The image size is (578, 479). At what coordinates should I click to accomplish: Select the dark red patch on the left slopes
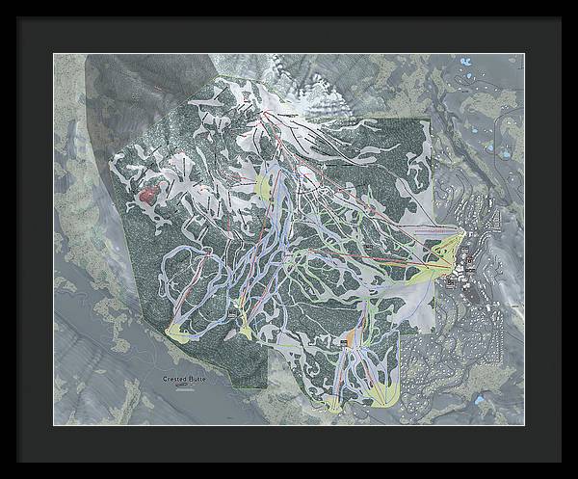pos(147,196)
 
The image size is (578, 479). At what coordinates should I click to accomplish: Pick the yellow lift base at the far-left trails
pos(179,333)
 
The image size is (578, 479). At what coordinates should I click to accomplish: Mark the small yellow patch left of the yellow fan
pos(333,402)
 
